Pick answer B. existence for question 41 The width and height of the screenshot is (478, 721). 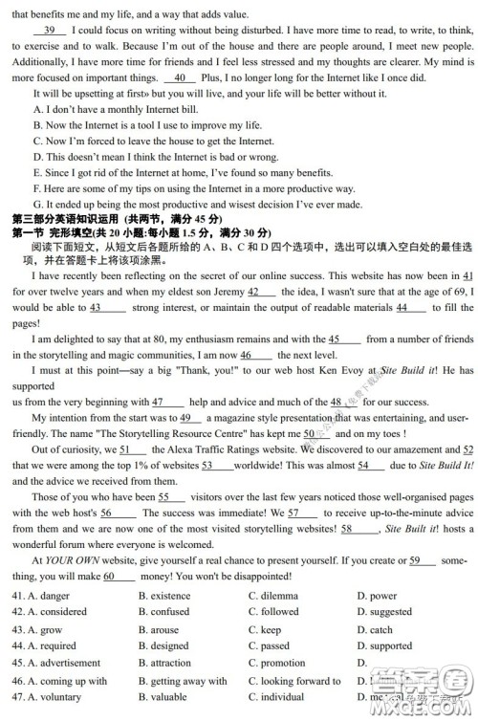pyautogui.click(x=163, y=596)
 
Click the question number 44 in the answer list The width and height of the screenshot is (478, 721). pyautogui.click(x=18, y=646)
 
